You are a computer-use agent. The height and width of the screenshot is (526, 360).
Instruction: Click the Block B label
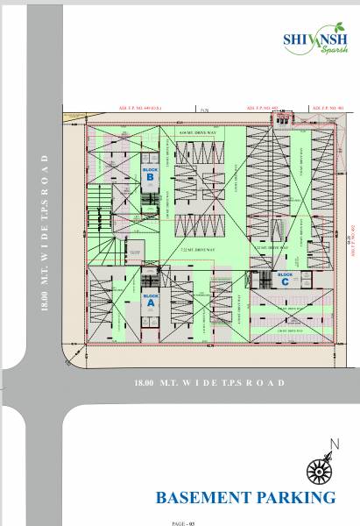149,172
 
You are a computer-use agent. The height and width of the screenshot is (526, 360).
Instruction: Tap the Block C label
284,278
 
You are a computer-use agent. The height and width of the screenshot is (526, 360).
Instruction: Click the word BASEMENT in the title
203,498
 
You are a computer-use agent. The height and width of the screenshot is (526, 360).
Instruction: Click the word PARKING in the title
296,498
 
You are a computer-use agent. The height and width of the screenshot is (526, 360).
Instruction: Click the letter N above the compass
331,444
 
